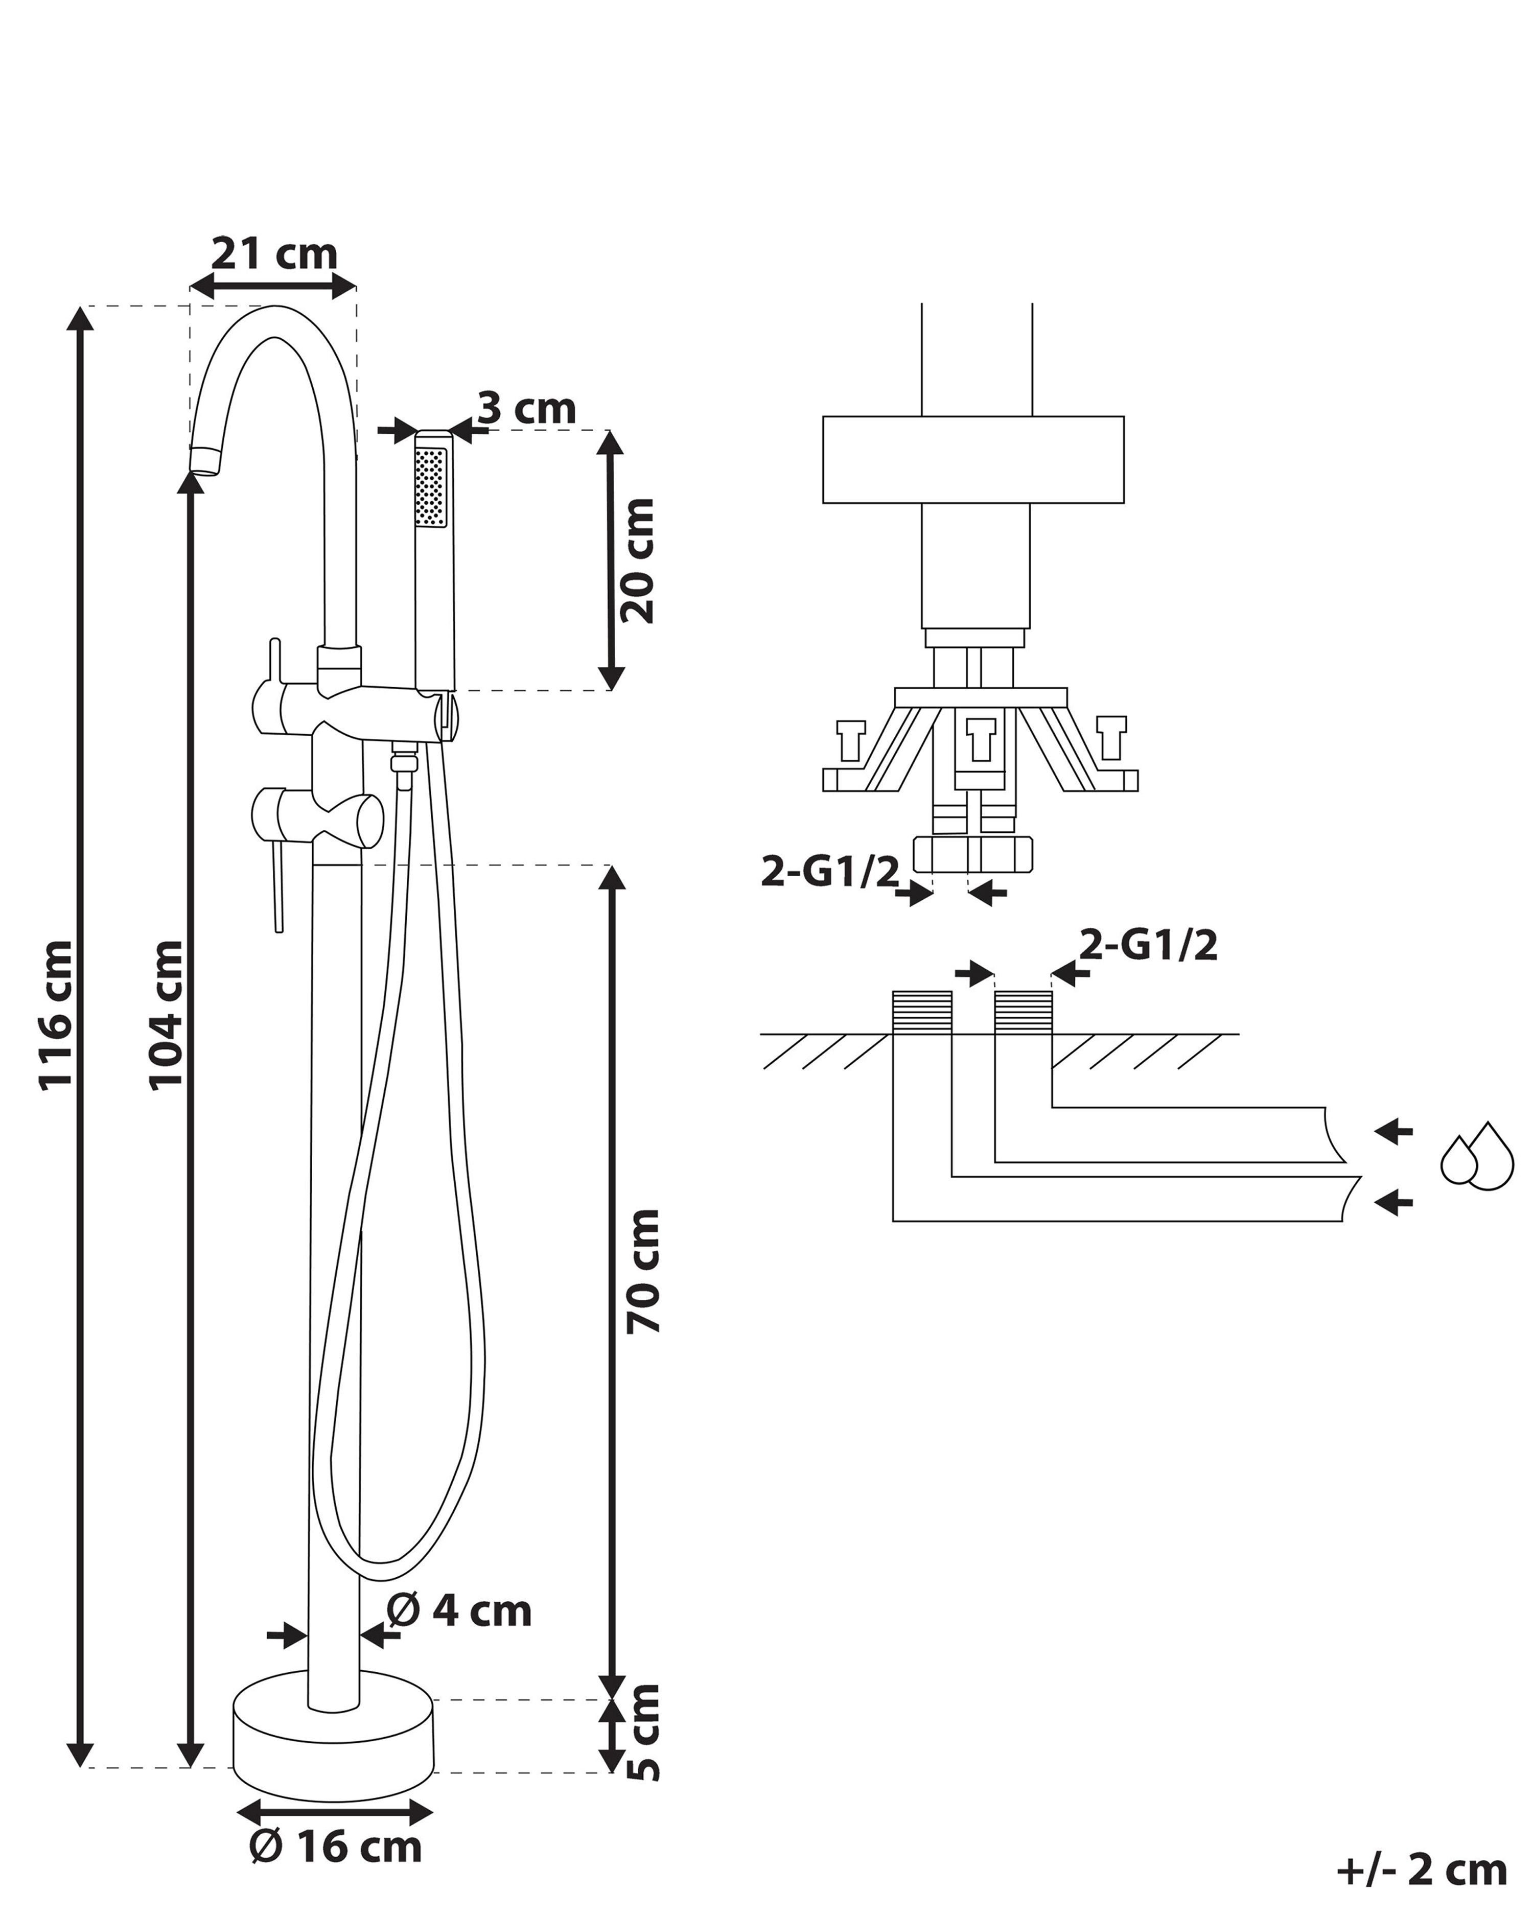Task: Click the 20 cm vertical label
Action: click(x=638, y=561)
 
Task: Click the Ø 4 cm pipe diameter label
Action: click(x=459, y=1610)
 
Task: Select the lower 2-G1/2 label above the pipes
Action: click(x=1148, y=946)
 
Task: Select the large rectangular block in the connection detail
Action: click(x=973, y=459)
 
